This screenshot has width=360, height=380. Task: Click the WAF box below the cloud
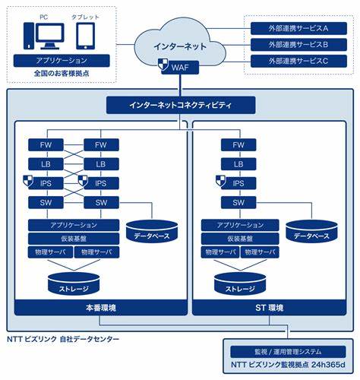180,68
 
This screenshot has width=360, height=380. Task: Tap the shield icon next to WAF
163,64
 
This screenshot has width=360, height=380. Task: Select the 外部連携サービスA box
298,28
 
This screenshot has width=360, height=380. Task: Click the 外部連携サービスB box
298,45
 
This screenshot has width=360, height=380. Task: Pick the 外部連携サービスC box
298,61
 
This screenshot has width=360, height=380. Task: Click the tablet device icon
86,36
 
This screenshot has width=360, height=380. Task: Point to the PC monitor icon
50,36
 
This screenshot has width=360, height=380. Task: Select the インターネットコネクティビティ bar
181,105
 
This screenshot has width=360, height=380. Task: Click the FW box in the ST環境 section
238,145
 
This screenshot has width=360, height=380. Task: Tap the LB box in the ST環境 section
238,164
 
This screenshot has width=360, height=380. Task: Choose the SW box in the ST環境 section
238,202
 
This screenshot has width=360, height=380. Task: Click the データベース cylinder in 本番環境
152,231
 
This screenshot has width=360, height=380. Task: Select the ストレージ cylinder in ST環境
240,284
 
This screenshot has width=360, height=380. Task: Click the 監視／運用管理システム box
288,352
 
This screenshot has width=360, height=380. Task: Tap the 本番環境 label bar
101,308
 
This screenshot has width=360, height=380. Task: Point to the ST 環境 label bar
269,308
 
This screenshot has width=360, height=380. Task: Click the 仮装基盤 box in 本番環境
74,239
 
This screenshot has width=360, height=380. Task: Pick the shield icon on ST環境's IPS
221,181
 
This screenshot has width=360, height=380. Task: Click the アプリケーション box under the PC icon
62,61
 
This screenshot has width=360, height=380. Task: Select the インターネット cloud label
180,46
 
